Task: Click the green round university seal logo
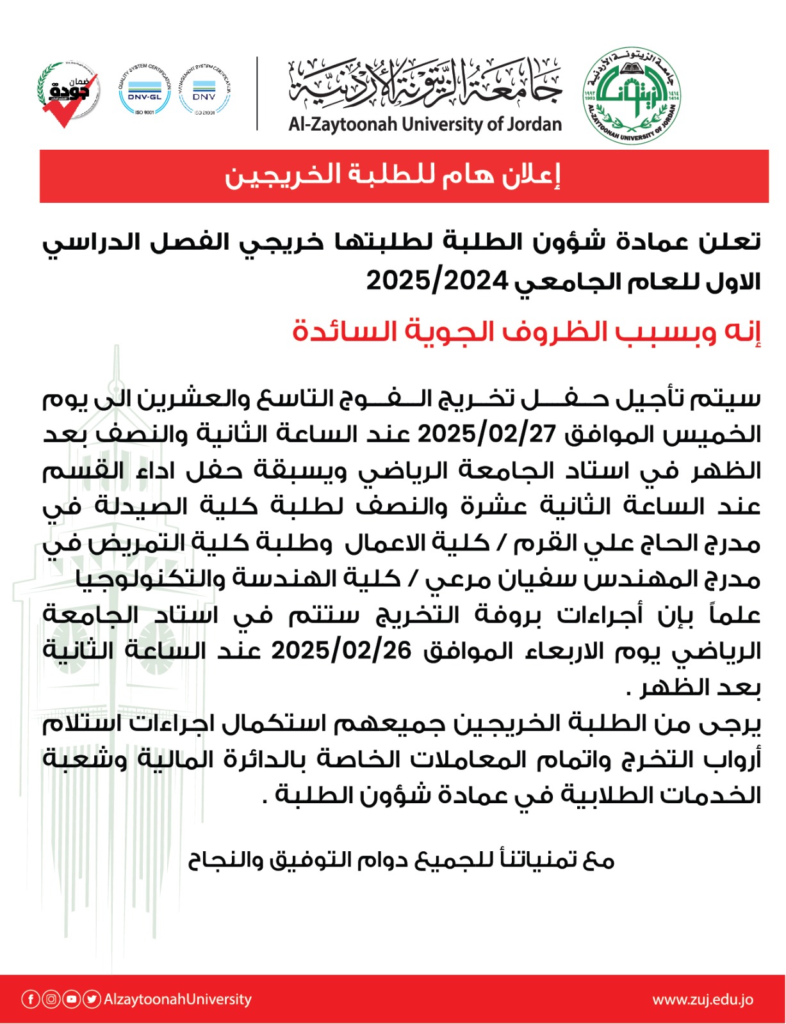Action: pyautogui.click(x=631, y=95)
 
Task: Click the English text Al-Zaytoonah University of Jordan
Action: pyautogui.click(x=425, y=124)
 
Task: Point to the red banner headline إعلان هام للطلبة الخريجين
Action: pyautogui.click(x=392, y=175)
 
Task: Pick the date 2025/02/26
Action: pyautogui.click(x=341, y=651)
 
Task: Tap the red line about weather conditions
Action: pyautogui.click(x=526, y=332)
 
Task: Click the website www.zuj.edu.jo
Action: pyautogui.click(x=703, y=999)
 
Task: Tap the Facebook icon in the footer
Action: pyautogui.click(x=30, y=999)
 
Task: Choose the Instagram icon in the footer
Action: pyautogui.click(x=51, y=999)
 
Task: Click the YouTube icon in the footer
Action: pyautogui.click(x=71, y=999)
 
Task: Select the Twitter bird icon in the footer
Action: pyautogui.click(x=92, y=999)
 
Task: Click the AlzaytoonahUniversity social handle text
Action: pyautogui.click(x=177, y=999)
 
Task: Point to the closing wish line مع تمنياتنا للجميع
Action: pyautogui.click(x=401, y=860)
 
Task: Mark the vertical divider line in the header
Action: pyautogui.click(x=257, y=94)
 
